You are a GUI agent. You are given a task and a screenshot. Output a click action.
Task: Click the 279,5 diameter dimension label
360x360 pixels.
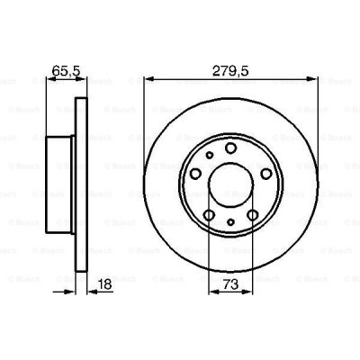click(x=229, y=67)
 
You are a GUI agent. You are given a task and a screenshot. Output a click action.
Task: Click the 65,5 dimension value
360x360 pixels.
click(x=62, y=67)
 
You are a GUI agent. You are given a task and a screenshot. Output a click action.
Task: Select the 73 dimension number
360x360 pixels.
click(x=229, y=284)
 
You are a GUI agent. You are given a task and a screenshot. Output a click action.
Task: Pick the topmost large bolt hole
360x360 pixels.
click(x=230, y=148)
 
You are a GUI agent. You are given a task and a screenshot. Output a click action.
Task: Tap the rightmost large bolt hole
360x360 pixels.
click(x=265, y=174)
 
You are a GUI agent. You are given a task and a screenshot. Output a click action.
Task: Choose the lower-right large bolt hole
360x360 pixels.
click(x=252, y=215)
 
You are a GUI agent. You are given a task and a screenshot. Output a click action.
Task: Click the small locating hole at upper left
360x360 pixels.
click(x=209, y=156)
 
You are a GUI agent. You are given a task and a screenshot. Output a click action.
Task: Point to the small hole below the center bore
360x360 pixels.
click(x=230, y=221)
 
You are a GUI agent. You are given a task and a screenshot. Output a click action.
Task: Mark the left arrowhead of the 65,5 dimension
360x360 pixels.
click(x=47, y=79)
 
